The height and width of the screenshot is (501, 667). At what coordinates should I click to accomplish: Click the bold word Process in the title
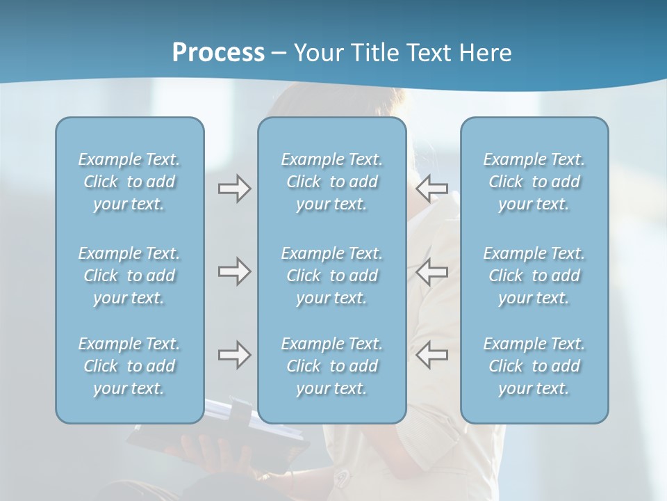pyautogui.click(x=218, y=53)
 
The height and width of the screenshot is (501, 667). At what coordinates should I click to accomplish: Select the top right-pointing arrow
pyautogui.click(x=234, y=189)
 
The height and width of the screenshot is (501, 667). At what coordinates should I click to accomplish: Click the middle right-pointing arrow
pyautogui.click(x=234, y=271)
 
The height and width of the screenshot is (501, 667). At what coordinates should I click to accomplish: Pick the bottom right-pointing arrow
pyautogui.click(x=234, y=355)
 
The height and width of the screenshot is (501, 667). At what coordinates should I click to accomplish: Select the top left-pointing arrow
pyautogui.click(x=431, y=189)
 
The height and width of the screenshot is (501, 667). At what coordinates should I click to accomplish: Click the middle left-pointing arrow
pyautogui.click(x=431, y=271)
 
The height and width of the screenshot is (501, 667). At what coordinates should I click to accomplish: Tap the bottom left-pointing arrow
pyautogui.click(x=431, y=355)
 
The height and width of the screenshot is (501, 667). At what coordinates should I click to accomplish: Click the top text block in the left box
pyautogui.click(x=129, y=182)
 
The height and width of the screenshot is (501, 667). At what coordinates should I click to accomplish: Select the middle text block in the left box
pyautogui.click(x=129, y=276)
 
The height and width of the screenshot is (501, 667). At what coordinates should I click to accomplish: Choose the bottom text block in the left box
pyautogui.click(x=129, y=366)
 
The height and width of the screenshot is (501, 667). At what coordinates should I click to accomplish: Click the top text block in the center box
pyautogui.click(x=331, y=182)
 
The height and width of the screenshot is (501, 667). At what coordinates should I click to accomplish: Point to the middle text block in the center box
pyautogui.click(x=331, y=276)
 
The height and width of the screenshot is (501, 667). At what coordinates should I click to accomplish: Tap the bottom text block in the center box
pyautogui.click(x=331, y=366)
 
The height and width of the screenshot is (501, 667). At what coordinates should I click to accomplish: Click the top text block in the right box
pyautogui.click(x=534, y=182)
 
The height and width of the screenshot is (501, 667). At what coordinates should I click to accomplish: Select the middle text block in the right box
pyautogui.click(x=534, y=276)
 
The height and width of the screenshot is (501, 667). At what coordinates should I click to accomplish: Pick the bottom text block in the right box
pyautogui.click(x=534, y=366)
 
